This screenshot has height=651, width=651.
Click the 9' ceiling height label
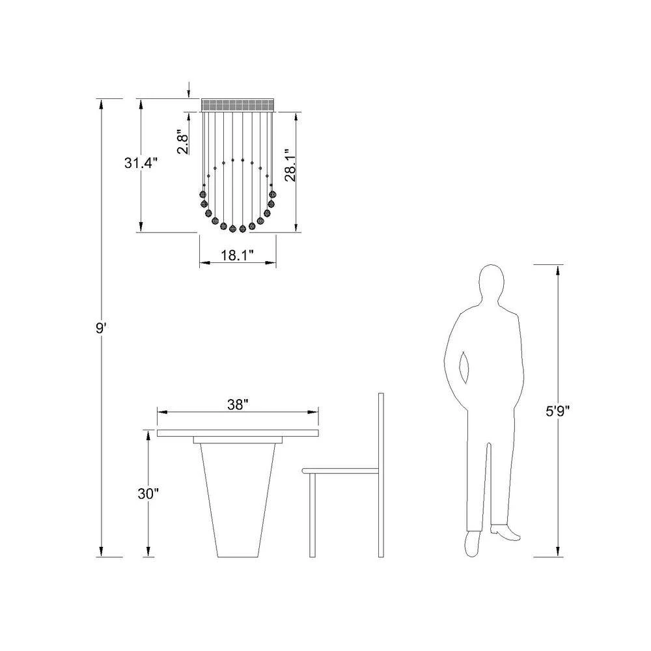point(102,329)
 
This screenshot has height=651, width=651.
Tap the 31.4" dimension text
point(141,163)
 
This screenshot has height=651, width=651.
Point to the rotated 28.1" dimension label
point(290,165)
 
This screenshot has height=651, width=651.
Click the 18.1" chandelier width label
point(237,255)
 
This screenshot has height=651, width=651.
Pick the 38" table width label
point(238,404)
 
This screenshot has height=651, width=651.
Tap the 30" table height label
point(148,493)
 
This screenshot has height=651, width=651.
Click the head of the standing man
point(491,283)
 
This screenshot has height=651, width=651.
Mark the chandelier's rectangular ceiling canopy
point(238,105)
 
